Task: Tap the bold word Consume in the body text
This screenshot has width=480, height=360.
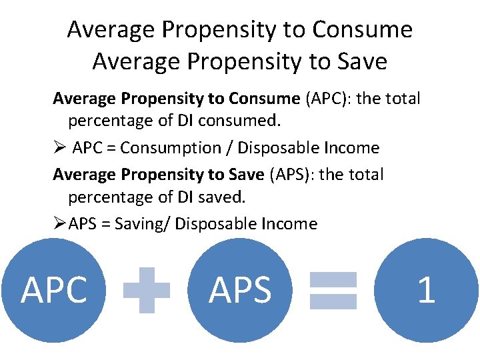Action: tap(264, 99)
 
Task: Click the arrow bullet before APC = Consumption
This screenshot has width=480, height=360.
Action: tap(59, 148)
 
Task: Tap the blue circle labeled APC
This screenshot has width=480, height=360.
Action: tap(54, 291)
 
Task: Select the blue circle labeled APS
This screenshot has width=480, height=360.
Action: tap(240, 291)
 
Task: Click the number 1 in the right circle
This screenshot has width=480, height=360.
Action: tap(426, 291)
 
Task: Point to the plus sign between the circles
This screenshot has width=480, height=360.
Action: tap(147, 290)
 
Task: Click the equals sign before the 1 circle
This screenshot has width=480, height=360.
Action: tap(333, 290)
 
